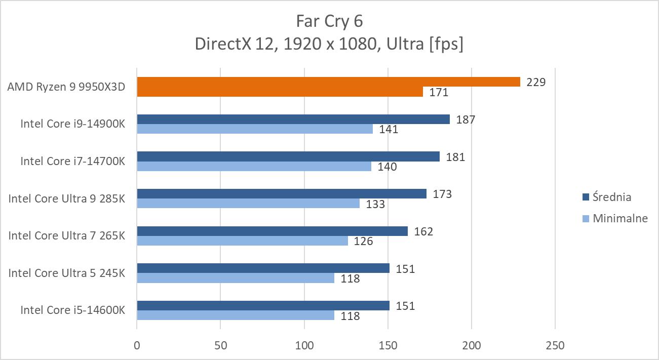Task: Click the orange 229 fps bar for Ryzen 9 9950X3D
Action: click(x=328, y=82)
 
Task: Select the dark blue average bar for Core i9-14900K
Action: click(x=293, y=119)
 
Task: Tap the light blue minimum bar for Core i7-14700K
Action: click(x=254, y=166)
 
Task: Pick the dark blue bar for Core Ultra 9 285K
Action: click(x=282, y=194)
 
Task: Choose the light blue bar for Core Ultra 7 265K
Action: click(x=242, y=241)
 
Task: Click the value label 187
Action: click(x=466, y=119)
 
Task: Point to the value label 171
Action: click(x=439, y=92)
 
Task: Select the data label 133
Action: click(x=375, y=204)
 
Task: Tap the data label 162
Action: click(x=423, y=231)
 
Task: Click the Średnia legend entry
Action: click(x=612, y=197)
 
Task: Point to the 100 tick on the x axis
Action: click(x=304, y=346)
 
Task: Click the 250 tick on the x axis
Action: click(x=555, y=346)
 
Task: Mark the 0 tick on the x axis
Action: click(x=137, y=346)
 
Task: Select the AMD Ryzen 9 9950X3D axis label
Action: click(x=66, y=87)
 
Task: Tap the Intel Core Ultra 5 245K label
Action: click(x=66, y=273)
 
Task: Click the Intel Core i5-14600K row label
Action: click(x=72, y=310)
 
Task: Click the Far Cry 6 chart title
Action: click(x=329, y=21)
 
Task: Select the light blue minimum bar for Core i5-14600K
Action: click(x=235, y=315)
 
